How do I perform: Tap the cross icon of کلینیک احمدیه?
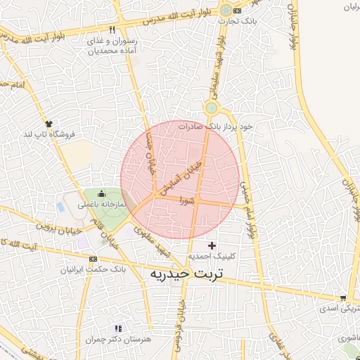tap(212, 245)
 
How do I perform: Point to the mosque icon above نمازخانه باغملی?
tap(102, 195)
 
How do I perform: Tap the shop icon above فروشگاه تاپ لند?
tap(48, 123)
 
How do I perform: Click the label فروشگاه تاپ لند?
tap(49, 133)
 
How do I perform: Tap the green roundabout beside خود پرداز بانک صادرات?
tap(212, 108)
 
